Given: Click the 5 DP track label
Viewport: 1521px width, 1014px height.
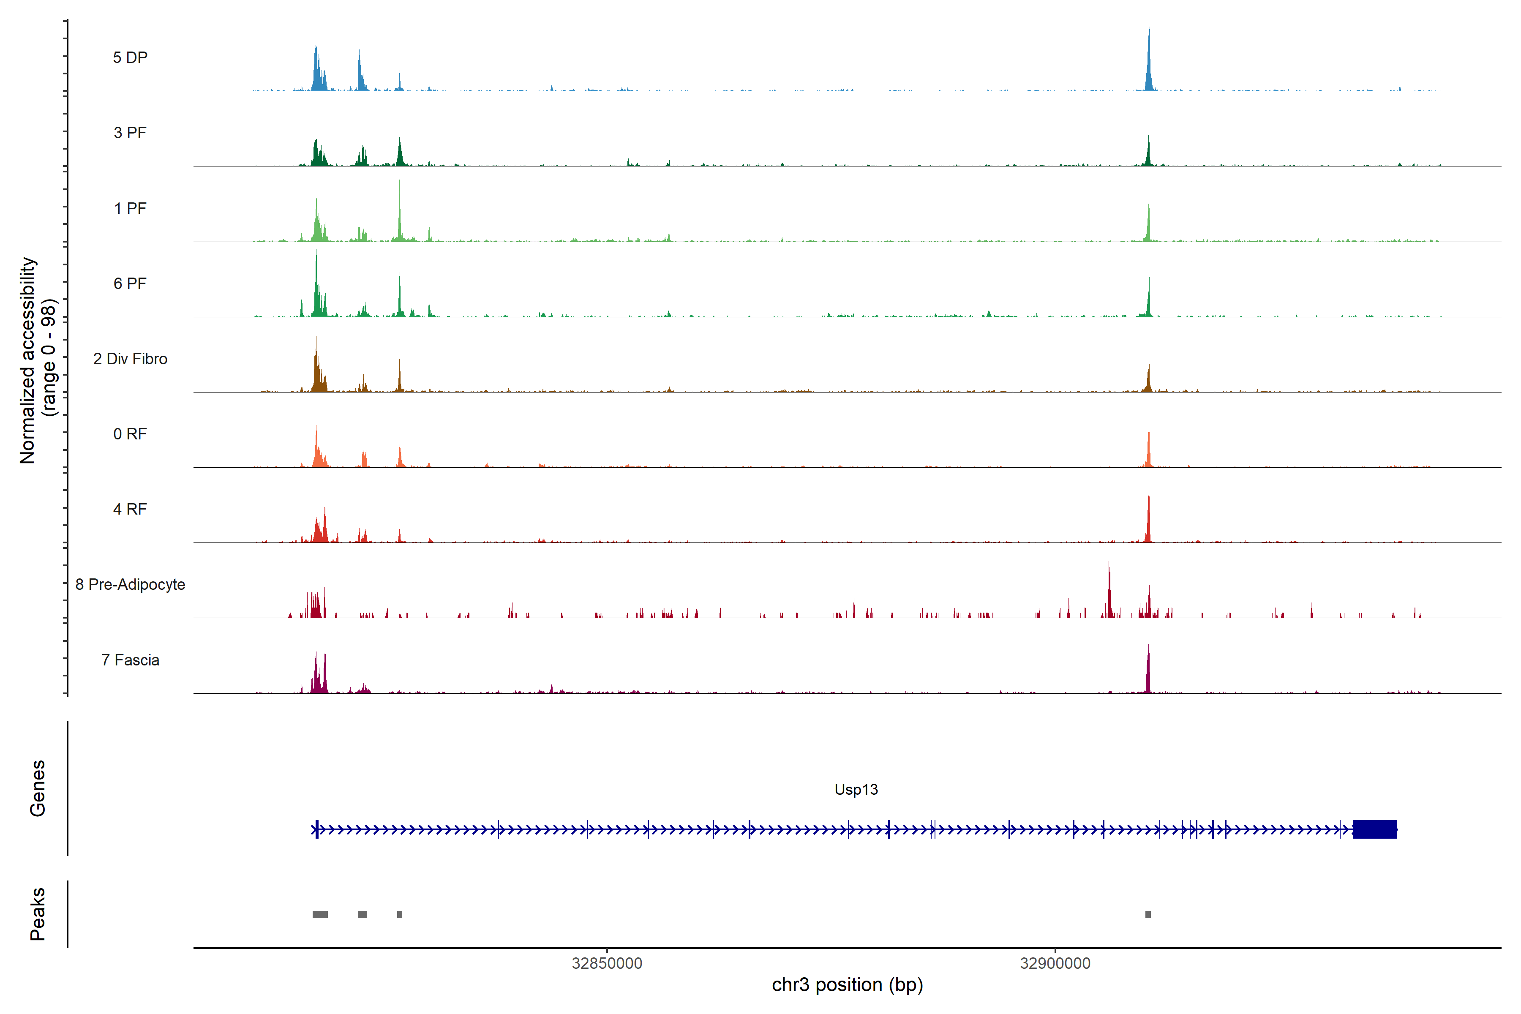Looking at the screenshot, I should click(130, 57).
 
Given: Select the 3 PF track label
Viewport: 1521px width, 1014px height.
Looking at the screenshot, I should click(130, 133).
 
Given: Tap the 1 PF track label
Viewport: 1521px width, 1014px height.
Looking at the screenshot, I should click(130, 208).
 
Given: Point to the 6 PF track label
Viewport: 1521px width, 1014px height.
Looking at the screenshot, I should click(130, 283).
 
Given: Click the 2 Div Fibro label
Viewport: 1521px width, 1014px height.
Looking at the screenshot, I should click(130, 359).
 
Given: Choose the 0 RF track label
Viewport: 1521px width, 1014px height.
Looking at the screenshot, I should click(130, 434).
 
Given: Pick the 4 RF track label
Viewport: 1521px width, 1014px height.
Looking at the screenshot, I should click(130, 509).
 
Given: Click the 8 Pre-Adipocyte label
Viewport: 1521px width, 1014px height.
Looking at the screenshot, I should click(130, 585).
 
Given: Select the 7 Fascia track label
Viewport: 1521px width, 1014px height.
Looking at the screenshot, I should click(130, 660).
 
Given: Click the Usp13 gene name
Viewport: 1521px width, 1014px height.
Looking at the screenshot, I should click(856, 790).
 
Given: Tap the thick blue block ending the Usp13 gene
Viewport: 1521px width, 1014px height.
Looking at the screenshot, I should click(1374, 829).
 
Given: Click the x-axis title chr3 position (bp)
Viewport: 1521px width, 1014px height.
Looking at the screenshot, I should click(847, 985).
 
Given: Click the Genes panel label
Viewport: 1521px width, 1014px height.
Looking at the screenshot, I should click(38, 788).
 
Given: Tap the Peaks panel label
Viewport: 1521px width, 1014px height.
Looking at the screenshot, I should click(38, 914).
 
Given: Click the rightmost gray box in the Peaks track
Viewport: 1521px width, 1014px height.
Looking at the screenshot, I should click(1148, 914).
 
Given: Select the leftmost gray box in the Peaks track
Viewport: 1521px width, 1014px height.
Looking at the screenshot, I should click(320, 914).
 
